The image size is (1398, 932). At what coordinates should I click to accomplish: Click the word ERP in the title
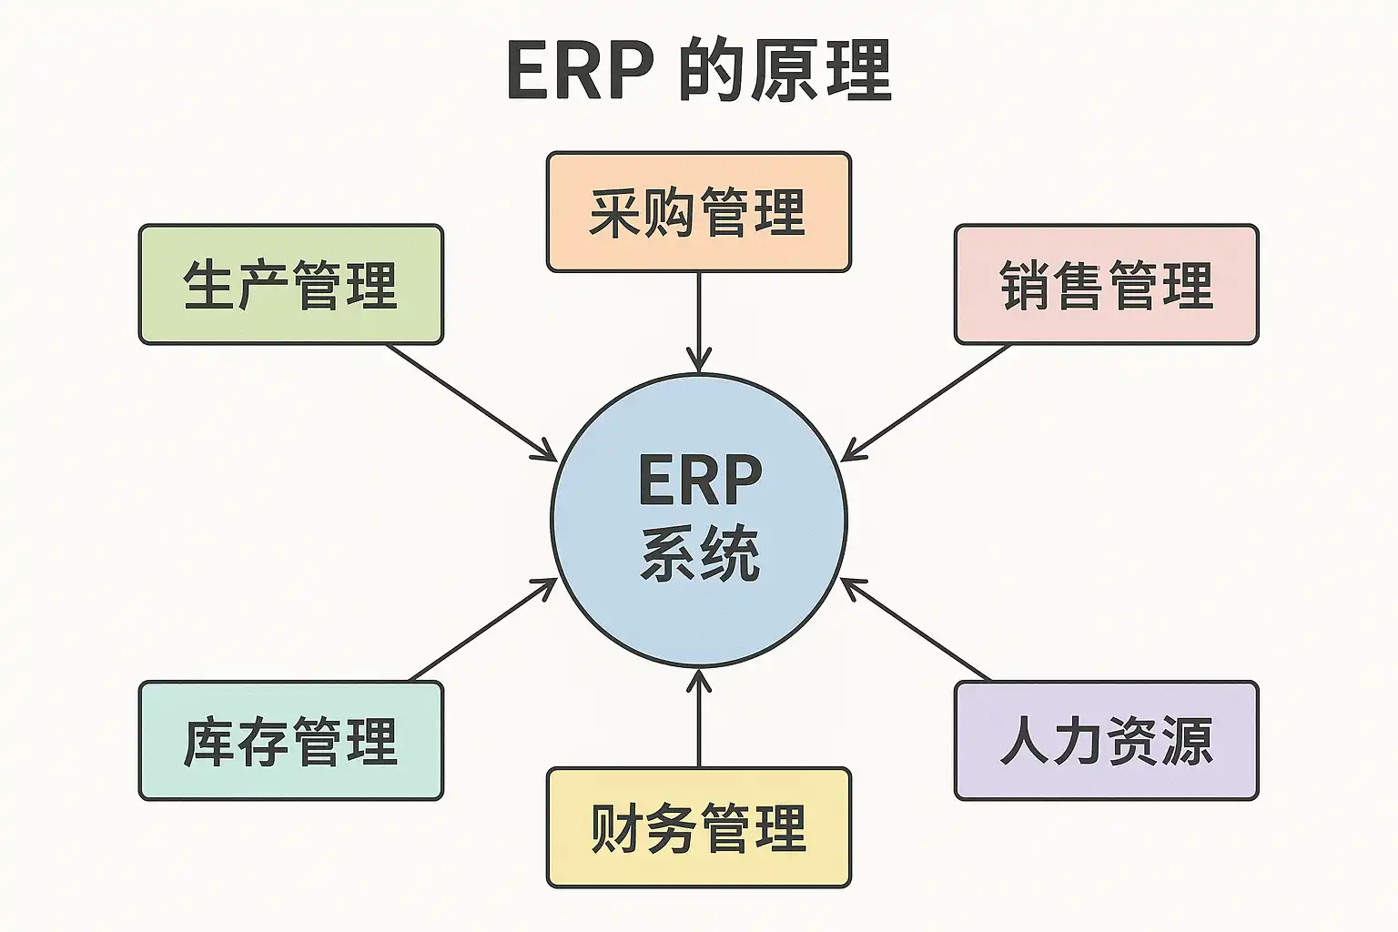pos(580,71)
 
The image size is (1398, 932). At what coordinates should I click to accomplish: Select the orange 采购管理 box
pos(698,212)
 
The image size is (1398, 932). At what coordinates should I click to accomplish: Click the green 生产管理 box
pos(290,285)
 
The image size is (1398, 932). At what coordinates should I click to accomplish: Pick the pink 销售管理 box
pos(1106,285)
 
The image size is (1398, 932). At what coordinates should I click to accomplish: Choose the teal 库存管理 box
pos(290,741)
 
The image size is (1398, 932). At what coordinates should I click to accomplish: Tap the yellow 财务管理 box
pos(698,827)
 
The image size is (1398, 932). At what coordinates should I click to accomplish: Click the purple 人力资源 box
pos(1106,741)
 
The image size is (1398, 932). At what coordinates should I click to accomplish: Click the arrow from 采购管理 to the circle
pos(699,319)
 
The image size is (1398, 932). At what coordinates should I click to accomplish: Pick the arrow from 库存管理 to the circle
pos(482,630)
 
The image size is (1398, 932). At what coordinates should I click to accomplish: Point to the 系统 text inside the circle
pos(699,553)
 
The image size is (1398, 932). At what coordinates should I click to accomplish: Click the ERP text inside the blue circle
pos(699,481)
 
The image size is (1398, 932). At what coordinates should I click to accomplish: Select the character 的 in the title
pos(713,71)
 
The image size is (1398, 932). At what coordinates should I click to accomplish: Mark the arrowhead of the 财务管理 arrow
pos(699,678)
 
